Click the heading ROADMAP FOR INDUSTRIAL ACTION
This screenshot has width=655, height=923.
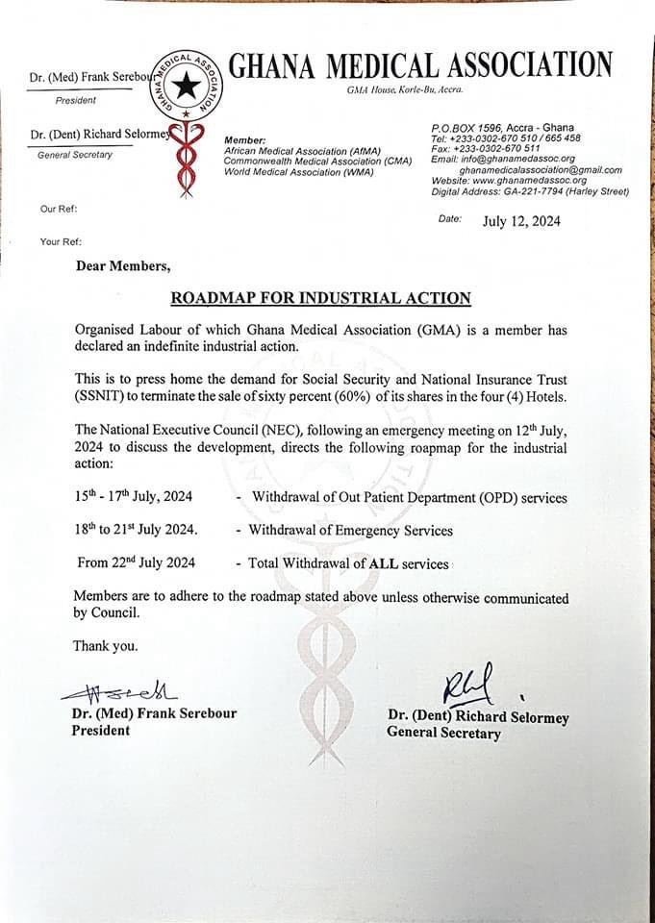pos(320,298)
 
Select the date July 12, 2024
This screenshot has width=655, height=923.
pos(521,221)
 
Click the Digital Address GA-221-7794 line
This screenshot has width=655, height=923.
pos(530,191)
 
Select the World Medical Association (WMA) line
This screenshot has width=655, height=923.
pos(284,172)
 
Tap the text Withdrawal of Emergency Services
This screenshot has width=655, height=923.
pos(350,530)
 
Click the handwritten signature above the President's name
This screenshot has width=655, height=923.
pos(118,692)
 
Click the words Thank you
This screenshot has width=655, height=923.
pos(105,645)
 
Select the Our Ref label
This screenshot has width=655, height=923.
pos(59,210)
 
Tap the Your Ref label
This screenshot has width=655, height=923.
pos(61,241)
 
